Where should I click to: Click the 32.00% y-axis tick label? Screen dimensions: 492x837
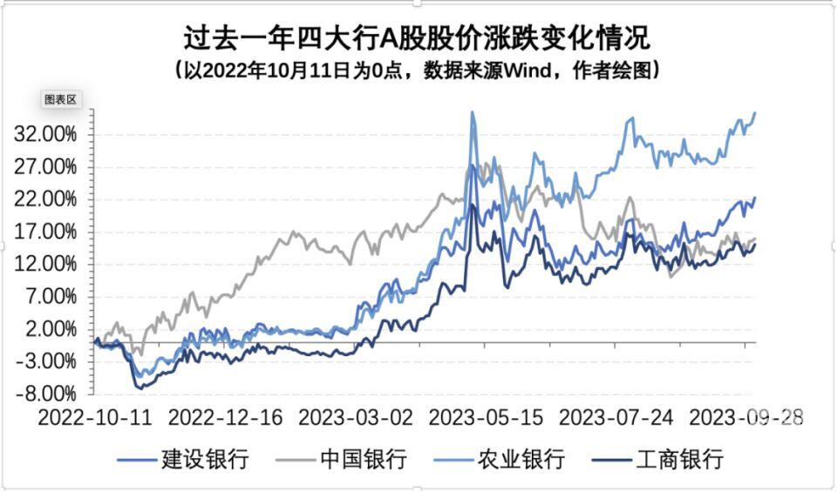44,135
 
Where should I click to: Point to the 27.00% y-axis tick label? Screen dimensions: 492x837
44,167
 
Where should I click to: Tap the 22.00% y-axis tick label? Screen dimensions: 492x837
44,199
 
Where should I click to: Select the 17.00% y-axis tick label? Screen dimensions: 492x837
44,232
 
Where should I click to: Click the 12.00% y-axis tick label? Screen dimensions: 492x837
44,264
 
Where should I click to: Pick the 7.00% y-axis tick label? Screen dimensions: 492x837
48,296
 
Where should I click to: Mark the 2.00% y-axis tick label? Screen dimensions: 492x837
48,328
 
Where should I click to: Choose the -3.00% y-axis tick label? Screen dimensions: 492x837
44,361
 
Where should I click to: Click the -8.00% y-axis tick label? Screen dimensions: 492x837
44,393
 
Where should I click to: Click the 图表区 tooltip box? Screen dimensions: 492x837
61,99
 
